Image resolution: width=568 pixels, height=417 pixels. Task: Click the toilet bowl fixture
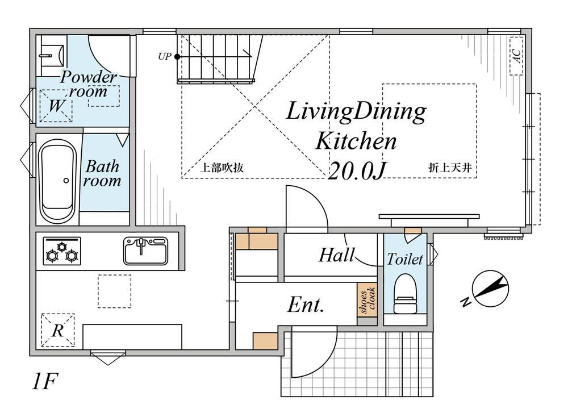(405, 294)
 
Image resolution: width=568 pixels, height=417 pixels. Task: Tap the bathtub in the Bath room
(57, 181)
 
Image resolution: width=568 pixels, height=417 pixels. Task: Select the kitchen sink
(145, 251)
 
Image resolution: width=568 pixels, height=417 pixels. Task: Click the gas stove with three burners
(62, 251)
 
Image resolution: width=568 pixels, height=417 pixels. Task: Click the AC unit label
(516, 56)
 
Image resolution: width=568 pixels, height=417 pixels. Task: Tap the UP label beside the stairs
(165, 56)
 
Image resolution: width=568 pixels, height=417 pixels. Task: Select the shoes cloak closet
(366, 300)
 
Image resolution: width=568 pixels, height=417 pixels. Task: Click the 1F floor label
(44, 381)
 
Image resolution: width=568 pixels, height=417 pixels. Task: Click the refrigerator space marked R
(57, 330)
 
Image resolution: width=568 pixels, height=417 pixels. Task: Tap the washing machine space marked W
(56, 106)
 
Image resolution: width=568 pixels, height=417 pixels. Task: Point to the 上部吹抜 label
(222, 168)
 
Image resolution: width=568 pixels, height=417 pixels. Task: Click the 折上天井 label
(450, 168)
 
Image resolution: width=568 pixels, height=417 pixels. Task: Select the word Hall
(336, 255)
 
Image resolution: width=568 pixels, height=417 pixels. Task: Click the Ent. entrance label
(306, 305)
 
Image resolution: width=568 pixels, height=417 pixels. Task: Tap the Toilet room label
(405, 259)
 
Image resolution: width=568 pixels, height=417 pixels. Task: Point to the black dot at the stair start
(177, 56)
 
